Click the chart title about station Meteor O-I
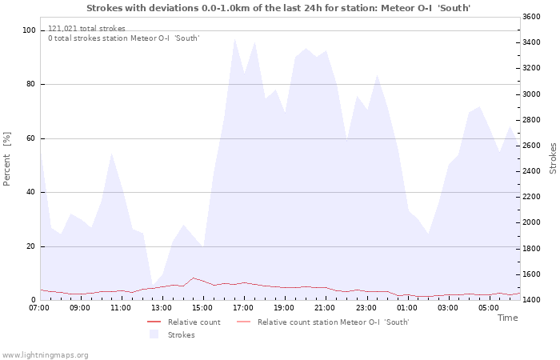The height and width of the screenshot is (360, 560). (x=278, y=8)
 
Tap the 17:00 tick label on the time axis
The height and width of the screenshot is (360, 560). (x=243, y=308)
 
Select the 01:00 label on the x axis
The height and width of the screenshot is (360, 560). (x=406, y=308)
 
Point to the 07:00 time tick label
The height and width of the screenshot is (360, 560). (x=39, y=308)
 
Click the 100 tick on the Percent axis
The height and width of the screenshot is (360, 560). (x=29, y=30)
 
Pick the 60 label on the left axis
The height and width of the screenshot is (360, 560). (x=30, y=138)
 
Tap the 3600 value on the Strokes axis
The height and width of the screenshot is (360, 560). (x=532, y=17)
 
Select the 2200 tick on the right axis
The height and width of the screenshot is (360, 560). (x=532, y=197)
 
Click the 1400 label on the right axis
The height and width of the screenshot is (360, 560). (x=532, y=300)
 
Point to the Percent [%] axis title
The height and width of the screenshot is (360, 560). (x=6, y=159)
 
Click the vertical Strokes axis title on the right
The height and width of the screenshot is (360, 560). (x=553, y=158)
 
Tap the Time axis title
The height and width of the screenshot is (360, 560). (x=507, y=318)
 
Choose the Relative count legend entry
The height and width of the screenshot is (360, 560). (x=184, y=322)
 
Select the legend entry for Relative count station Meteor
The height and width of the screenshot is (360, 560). (x=323, y=322)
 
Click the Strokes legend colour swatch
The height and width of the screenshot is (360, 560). (x=154, y=334)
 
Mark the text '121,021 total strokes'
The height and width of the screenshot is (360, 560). (x=86, y=29)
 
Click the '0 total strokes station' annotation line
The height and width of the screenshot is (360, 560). (x=123, y=38)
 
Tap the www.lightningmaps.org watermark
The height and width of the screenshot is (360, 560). (x=45, y=355)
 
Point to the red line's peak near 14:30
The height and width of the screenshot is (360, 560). (x=194, y=278)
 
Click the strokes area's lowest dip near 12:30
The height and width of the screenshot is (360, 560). (x=153, y=286)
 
